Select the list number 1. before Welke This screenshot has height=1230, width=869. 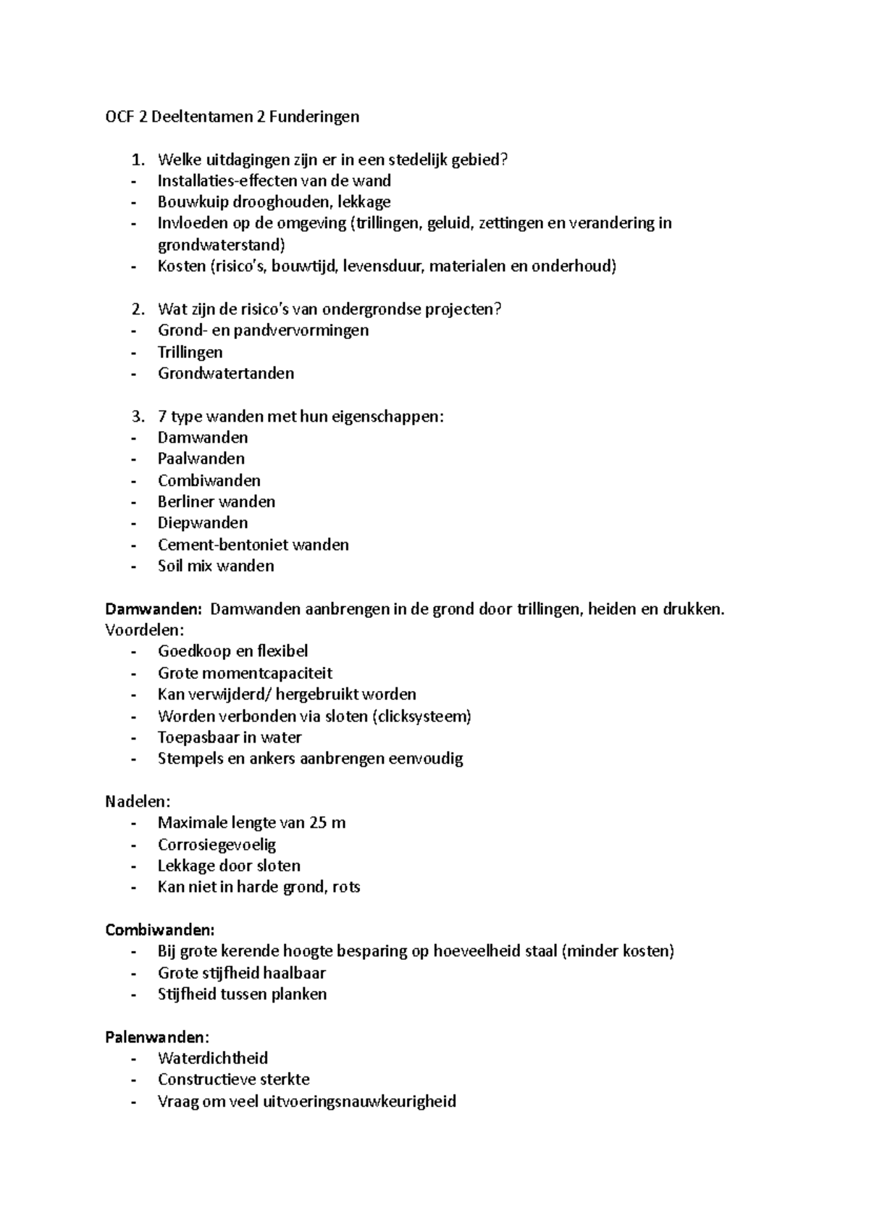tap(138, 159)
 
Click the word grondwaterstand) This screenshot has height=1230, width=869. tap(222, 245)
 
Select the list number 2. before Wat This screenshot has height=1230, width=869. tap(138, 309)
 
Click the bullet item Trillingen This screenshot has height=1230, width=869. tap(190, 352)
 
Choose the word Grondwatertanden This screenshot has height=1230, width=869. tap(226, 373)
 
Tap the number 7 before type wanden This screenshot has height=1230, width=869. tap(161, 417)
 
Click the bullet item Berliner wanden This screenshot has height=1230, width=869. tap(216, 501)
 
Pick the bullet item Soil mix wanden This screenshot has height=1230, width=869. tap(216, 566)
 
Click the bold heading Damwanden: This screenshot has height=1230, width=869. tap(154, 608)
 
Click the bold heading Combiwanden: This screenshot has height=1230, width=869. tap(160, 929)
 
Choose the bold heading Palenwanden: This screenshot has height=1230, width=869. tap(157, 1037)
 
